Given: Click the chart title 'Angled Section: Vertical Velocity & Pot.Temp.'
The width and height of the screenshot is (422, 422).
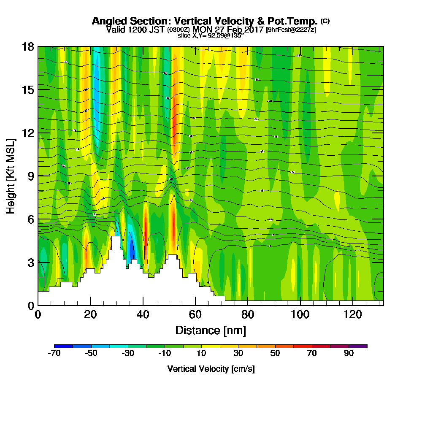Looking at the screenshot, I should (x=205, y=21).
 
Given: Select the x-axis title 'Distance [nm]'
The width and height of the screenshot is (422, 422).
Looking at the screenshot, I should (x=211, y=330).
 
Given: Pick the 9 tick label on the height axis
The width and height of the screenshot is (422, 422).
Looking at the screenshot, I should (x=30, y=176).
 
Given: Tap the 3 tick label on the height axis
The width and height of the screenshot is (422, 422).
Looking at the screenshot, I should (x=30, y=262).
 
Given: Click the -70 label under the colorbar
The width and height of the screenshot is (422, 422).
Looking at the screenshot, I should (x=54, y=354).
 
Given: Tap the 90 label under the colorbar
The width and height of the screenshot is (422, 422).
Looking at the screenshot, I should (x=349, y=354).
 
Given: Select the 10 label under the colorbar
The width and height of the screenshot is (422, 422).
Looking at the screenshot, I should (x=201, y=354).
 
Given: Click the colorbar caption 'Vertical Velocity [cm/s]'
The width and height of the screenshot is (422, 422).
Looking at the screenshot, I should (x=211, y=369).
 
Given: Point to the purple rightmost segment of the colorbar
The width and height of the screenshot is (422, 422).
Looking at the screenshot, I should (x=358, y=346).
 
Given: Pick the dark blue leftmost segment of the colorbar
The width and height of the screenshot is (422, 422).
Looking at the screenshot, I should (x=63, y=346).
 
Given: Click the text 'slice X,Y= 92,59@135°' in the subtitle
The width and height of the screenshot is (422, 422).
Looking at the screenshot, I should (x=211, y=35).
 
